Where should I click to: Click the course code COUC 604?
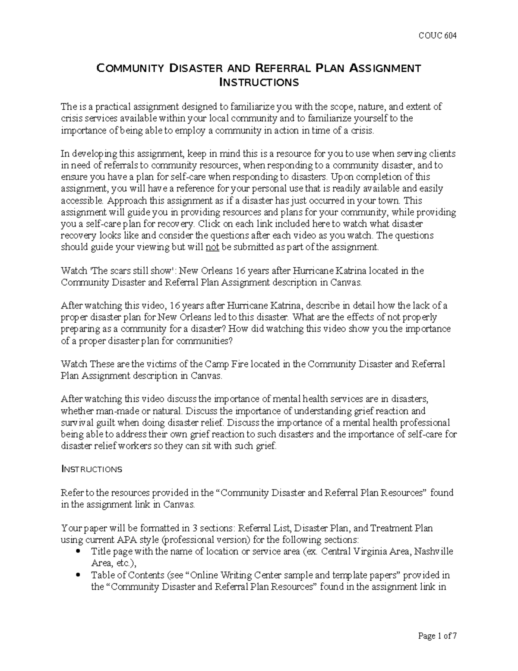[x=438, y=35]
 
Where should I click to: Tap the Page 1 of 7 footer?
[x=437, y=636]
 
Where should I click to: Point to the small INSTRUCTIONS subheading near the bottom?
[x=92, y=469]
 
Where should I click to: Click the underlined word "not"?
[x=212, y=247]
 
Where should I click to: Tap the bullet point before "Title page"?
[x=78, y=552]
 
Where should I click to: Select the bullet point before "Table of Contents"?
[x=78, y=576]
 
